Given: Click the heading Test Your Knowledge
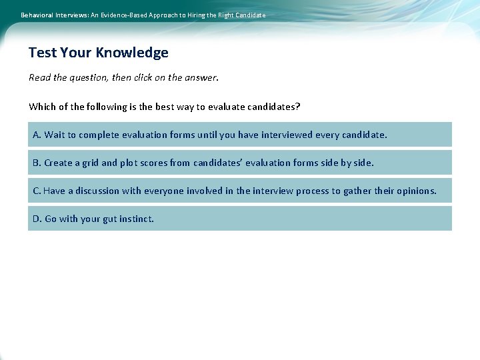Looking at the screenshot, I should [99, 53].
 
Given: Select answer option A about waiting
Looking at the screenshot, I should [239, 135].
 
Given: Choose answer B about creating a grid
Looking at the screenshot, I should [239, 163].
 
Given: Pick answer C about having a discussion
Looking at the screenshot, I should [239, 191].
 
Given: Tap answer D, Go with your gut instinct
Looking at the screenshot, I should [239, 219].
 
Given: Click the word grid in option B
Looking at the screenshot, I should [90, 163].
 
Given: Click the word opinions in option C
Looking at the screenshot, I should [416, 191].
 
